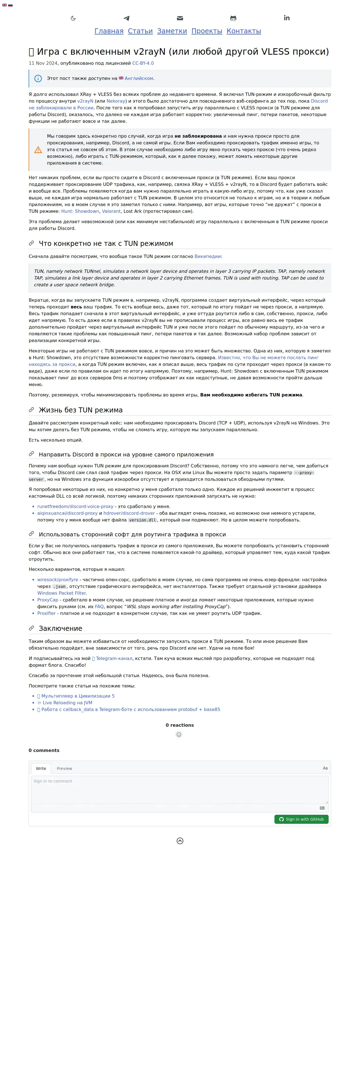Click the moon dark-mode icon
tap(73, 18)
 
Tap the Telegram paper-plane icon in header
tap(126, 18)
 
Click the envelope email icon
tap(180, 18)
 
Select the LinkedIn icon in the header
tap(287, 18)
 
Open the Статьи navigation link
tap(140, 31)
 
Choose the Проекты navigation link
tap(207, 31)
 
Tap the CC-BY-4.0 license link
tap(143, 63)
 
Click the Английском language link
tap(139, 79)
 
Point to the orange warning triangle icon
tap(38, 150)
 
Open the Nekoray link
tap(116, 101)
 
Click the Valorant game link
tap(111, 211)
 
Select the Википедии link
tap(207, 256)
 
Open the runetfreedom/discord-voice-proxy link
tap(75, 506)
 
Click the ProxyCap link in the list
tap(48, 600)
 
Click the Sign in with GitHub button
tap(301, 819)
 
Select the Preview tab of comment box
tap(64, 769)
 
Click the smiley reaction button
tap(179, 735)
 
